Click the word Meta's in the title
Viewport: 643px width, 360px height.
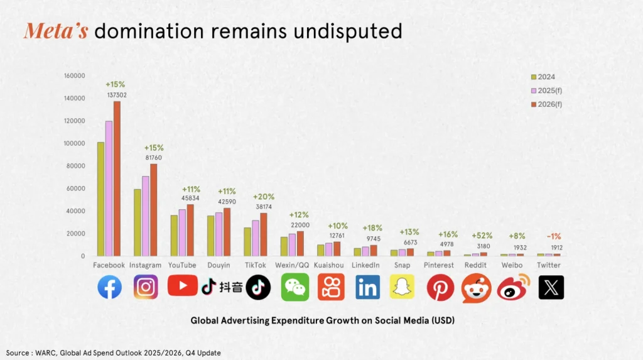point(55,31)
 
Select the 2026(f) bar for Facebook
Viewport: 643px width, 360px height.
point(117,178)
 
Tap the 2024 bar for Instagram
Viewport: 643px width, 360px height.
point(138,222)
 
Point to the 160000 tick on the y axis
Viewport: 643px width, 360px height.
point(75,76)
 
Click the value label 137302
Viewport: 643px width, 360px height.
point(117,94)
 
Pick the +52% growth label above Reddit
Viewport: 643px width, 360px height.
point(483,236)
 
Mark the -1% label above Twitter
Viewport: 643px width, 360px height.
point(554,236)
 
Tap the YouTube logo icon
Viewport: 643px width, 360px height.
point(183,286)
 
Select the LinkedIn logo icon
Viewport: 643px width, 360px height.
point(367,287)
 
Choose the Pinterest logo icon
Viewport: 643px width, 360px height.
point(440,287)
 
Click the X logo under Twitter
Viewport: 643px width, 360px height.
point(551,287)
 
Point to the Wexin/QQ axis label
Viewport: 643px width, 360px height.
point(291,265)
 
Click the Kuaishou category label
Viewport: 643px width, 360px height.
point(328,265)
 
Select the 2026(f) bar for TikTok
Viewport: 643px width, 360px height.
point(263,234)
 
